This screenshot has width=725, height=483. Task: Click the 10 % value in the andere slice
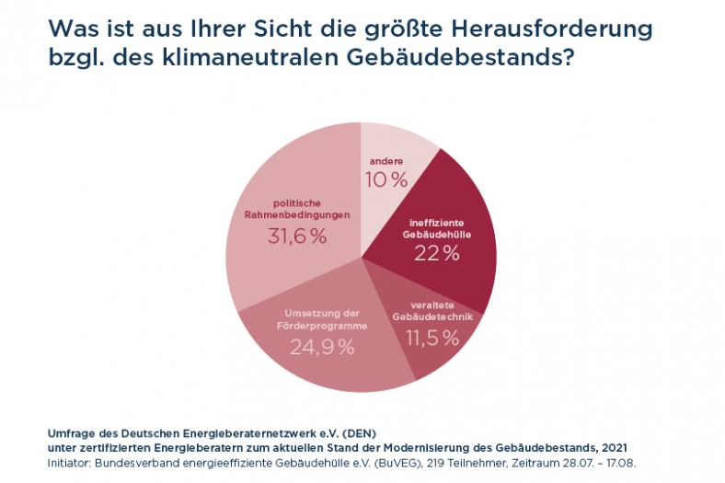coord(386,179)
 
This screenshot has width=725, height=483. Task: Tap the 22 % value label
coord(437,253)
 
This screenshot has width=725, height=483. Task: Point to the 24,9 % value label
coord(322,347)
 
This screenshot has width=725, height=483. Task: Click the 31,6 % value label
coord(297,236)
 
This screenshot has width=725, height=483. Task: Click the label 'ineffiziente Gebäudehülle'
coord(438,228)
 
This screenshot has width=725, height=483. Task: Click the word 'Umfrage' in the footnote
coord(67,431)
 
